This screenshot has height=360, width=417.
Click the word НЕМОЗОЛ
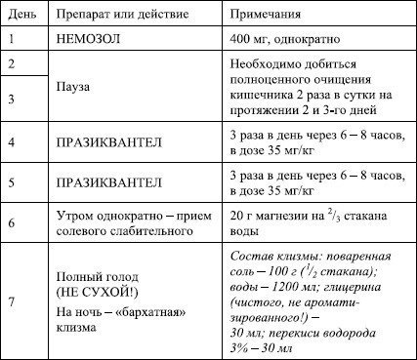91,40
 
